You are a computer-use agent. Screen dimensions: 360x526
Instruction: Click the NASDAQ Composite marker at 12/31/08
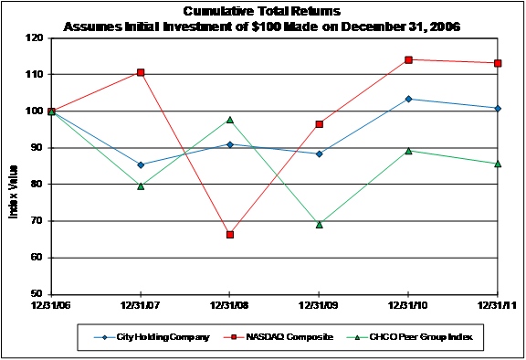(x=230, y=235)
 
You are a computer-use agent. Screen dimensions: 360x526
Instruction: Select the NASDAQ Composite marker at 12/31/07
(x=141, y=72)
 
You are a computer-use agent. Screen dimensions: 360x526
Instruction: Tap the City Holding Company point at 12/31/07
(x=141, y=165)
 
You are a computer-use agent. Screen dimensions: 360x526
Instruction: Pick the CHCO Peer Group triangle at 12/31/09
(x=319, y=224)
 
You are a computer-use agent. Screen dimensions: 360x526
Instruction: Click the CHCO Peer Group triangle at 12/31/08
(x=230, y=120)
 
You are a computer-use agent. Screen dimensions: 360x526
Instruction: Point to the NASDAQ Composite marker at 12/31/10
(x=408, y=60)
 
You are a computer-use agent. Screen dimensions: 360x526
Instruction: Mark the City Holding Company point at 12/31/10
(x=408, y=99)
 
